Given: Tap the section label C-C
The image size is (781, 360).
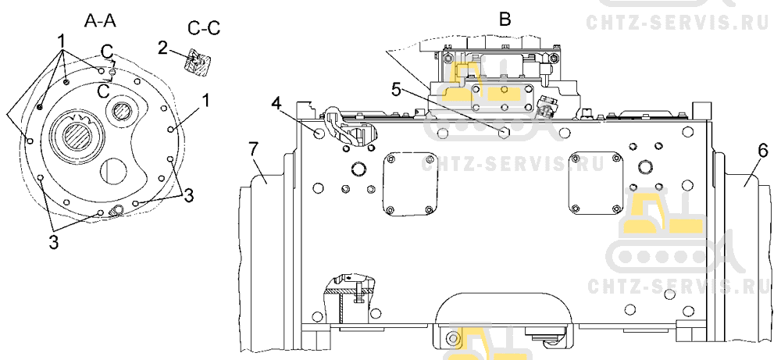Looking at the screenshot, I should coord(204,28).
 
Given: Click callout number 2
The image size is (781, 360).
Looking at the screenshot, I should coord(162,48).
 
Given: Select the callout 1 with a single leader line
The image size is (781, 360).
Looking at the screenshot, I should coord(205,101).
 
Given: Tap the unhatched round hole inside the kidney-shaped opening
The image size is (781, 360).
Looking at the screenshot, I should coord(113,173).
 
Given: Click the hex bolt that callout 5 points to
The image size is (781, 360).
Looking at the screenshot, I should coord(504,130).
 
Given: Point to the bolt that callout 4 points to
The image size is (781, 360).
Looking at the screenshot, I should coord(319,134).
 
